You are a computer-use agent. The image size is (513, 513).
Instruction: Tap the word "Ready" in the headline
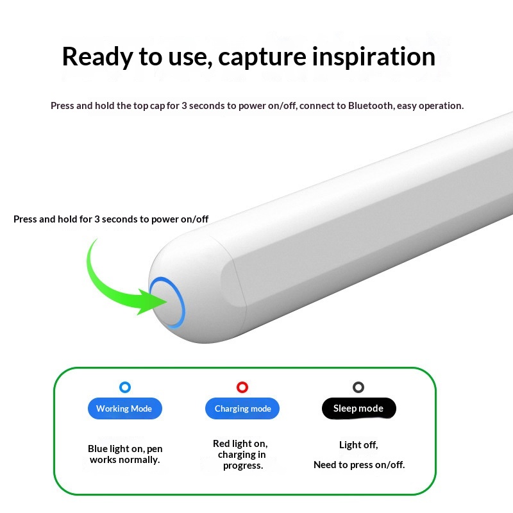[97, 56]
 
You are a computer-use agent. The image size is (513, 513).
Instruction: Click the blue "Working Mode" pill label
[124, 408]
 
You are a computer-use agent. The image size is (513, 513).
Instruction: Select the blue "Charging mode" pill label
[242, 408]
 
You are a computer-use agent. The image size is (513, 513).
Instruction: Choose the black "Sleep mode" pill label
[358, 408]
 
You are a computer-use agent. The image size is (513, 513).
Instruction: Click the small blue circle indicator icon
[125, 387]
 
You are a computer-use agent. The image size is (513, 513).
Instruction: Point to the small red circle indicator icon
[242, 387]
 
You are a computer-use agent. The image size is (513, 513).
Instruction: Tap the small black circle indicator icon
[358, 387]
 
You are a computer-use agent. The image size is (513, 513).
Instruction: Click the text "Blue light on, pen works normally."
[125, 454]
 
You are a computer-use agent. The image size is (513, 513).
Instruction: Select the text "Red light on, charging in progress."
[241, 455]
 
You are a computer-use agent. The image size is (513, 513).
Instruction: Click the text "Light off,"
[358, 445]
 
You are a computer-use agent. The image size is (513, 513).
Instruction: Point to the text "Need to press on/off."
[359, 465]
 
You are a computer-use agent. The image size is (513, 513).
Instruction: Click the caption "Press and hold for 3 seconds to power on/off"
[111, 219]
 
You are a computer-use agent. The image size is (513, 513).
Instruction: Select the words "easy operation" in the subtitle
[430, 106]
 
